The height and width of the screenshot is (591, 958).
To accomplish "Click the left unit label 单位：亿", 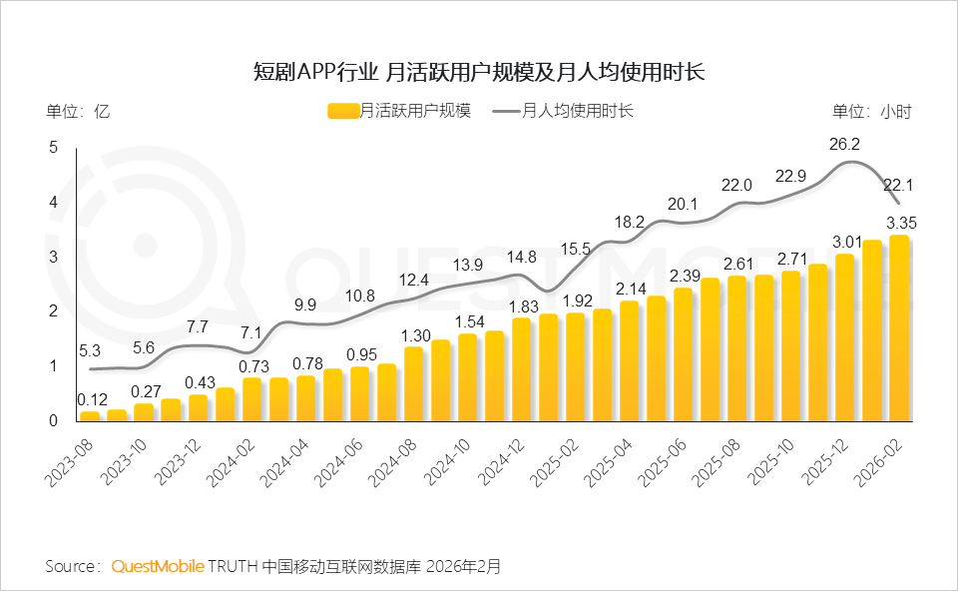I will pyautogui.click(x=78, y=112).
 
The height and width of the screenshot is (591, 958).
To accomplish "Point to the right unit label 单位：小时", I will pyautogui.click(x=872, y=112).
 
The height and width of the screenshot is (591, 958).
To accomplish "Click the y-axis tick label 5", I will pyautogui.click(x=54, y=148).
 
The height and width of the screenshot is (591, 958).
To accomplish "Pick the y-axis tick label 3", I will pyautogui.click(x=54, y=258).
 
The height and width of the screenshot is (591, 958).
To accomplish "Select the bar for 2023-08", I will pyautogui.click(x=90, y=416).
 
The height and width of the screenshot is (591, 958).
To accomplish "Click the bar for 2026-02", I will pyautogui.click(x=899, y=328).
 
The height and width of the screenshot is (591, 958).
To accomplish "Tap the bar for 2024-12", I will pyautogui.click(x=522, y=369).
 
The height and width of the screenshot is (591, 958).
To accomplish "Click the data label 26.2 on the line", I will pyautogui.click(x=844, y=145).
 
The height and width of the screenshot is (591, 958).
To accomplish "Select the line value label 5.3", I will pyautogui.click(x=90, y=350).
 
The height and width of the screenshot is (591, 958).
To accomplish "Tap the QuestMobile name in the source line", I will pyautogui.click(x=157, y=566).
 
